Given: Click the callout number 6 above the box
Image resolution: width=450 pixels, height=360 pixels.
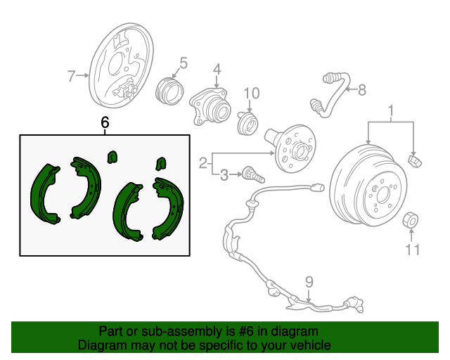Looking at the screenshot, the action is (x=105, y=122).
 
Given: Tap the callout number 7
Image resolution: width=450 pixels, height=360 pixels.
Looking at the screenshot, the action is (x=71, y=76).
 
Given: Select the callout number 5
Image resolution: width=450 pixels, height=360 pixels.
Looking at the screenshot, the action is (x=184, y=63).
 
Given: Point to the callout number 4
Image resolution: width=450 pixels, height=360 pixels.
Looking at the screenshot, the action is (x=217, y=70).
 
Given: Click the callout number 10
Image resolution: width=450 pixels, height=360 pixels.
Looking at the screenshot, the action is (x=252, y=94).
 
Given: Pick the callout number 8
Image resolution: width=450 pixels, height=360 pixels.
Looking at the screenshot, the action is (x=362, y=90).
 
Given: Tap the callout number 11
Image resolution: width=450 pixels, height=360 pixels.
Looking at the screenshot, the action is (x=413, y=250).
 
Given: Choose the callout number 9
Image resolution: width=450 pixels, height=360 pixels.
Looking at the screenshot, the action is (x=309, y=283).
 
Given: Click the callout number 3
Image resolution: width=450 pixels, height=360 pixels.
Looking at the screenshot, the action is (x=224, y=175).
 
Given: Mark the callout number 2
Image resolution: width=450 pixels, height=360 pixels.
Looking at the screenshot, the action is (x=203, y=163).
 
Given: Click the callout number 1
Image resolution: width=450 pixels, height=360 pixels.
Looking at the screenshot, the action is (x=391, y=111).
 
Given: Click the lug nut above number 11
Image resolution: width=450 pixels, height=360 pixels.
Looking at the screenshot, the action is (x=411, y=221).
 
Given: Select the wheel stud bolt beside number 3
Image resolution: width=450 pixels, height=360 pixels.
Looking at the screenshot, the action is (x=254, y=174).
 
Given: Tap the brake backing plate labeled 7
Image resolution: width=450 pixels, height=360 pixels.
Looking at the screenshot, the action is (x=121, y=65).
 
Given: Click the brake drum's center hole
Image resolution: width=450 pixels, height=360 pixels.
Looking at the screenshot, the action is (x=383, y=195).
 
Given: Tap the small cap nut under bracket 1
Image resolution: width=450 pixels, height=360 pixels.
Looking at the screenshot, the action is (x=415, y=161).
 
